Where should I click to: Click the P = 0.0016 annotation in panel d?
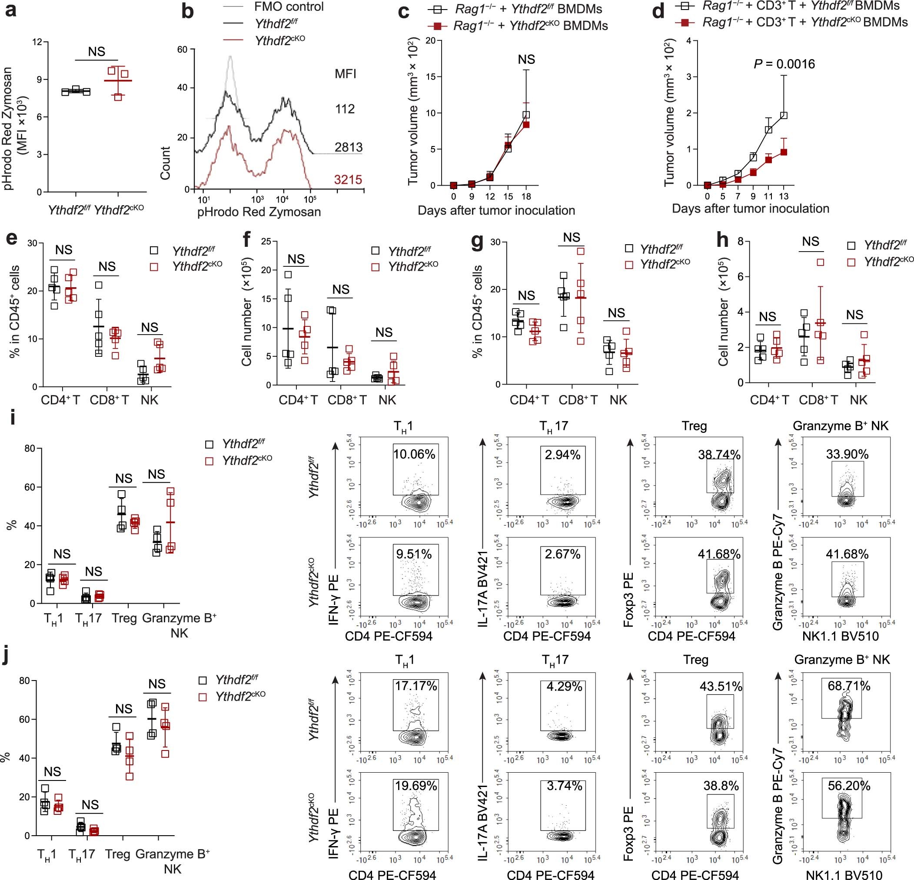tap(784, 64)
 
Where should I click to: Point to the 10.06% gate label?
tap(414, 454)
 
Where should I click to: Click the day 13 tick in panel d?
tap(784, 196)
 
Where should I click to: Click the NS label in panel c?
tap(526, 59)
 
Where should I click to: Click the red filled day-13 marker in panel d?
tap(784, 152)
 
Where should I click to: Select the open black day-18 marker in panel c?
tap(526, 115)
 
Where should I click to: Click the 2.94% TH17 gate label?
tap(562, 454)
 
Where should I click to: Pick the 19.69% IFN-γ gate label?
tap(416, 786)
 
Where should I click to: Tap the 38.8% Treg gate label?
tap(721, 786)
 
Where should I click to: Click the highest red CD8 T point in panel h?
tap(820, 262)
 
